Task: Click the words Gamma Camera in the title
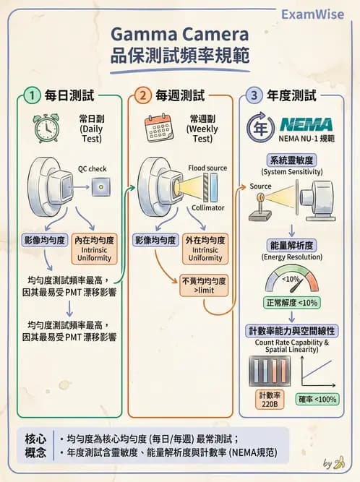pos(180,34)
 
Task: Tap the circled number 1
pos(31,95)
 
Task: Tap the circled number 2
pos(143,95)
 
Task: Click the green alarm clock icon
pos(46,128)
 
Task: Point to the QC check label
pos(93,169)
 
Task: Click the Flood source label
pos(207,168)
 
